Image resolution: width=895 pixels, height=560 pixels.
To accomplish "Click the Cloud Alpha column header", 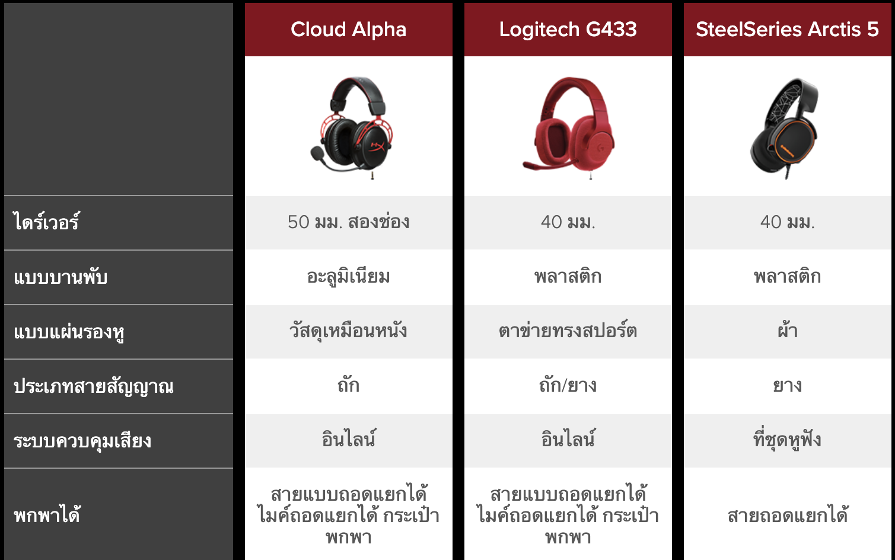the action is click(348, 30).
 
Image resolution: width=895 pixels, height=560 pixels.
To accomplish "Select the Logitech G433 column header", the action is click(568, 30).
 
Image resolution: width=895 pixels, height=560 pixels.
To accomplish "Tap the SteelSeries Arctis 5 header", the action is click(787, 30).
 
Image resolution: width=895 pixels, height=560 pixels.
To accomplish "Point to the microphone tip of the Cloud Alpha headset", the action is click(317, 152).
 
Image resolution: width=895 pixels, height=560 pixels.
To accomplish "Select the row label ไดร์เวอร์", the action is click(47, 222).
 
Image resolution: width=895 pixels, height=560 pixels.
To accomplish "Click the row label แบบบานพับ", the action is click(60, 277).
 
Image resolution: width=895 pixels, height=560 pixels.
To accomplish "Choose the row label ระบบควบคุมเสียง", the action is click(82, 441).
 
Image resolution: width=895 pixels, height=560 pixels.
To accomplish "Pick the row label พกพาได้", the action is click(47, 514).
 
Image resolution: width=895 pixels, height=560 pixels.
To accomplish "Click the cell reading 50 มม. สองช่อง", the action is click(348, 222).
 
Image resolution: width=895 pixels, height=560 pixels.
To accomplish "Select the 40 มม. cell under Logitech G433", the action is click(568, 222).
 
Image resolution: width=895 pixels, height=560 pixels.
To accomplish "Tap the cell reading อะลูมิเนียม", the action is click(348, 277).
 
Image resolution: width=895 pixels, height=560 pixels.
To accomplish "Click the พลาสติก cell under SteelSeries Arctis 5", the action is click(787, 277).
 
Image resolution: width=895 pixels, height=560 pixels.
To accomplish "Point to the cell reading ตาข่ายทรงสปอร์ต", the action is click(568, 331).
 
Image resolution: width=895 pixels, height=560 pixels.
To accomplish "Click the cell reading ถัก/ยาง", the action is click(568, 385).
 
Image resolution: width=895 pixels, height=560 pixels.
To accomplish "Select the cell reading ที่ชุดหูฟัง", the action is click(787, 440).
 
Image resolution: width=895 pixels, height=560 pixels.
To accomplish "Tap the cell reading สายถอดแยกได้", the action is click(787, 514).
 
